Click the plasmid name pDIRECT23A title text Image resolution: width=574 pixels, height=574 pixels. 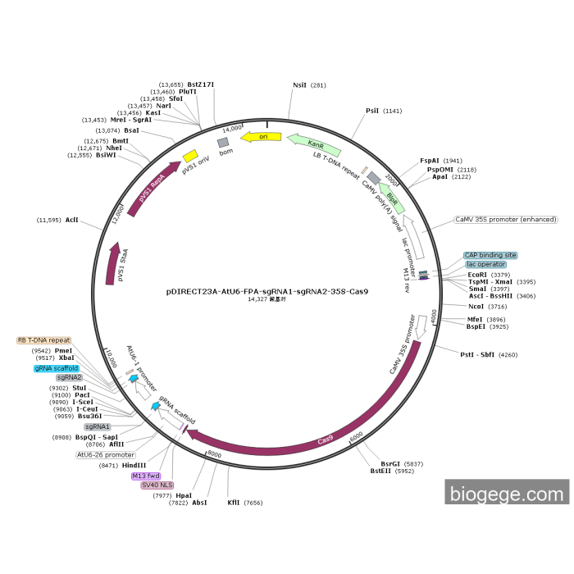click(266, 291)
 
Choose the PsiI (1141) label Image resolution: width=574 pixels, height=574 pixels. click(372, 110)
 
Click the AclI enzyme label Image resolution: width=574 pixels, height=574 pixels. click(71, 220)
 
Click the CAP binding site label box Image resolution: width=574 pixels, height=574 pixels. click(490, 255)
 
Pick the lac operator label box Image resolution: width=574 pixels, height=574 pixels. click(486, 264)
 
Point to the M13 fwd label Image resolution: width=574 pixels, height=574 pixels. click(146, 476)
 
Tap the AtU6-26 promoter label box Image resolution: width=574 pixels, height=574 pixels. click(106, 454)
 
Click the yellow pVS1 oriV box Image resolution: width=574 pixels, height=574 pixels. click(189, 155)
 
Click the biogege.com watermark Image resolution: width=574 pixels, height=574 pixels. click(507, 494)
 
